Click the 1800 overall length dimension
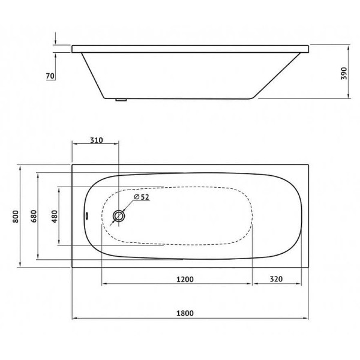click(x=188, y=313)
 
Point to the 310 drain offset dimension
click(x=96, y=140)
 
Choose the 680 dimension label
click(x=34, y=217)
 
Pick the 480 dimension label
click(x=55, y=217)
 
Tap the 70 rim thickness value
click(x=50, y=76)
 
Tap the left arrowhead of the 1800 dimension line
click(x=74, y=319)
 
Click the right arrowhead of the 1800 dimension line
click(x=306, y=319)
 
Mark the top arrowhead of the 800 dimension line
click(x=21, y=166)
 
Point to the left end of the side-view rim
click(x=73, y=47)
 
